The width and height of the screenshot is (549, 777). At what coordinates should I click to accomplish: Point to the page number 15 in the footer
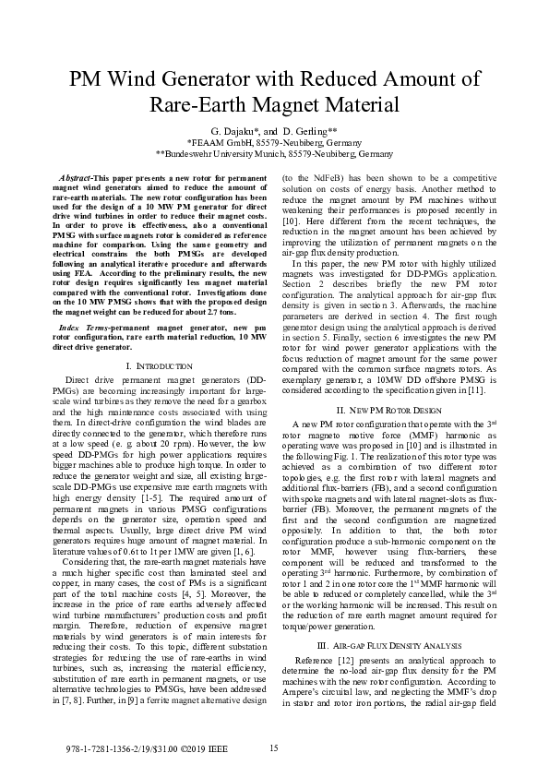click(x=274, y=747)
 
